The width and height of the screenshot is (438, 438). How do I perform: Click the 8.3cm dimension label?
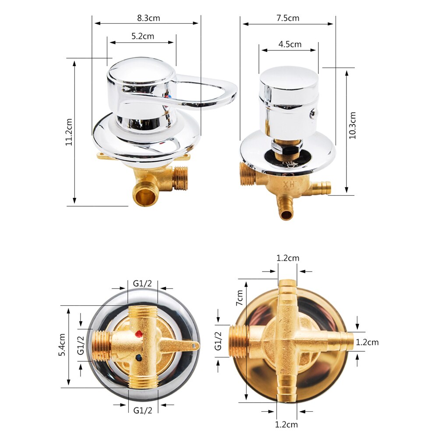pos(148,18)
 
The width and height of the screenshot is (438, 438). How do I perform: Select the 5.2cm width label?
pos(143,36)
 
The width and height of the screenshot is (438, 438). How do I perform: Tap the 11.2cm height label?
pos(69,132)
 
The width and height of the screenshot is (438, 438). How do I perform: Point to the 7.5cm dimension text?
pos(288,18)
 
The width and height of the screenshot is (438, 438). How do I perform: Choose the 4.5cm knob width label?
pos(290,44)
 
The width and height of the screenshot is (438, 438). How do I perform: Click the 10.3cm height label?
pos(353,125)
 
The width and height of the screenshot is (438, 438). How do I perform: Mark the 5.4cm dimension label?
pos(62,345)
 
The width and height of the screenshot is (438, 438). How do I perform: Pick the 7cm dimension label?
pos(240,297)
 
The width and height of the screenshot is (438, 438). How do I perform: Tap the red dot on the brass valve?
pos(138,333)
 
